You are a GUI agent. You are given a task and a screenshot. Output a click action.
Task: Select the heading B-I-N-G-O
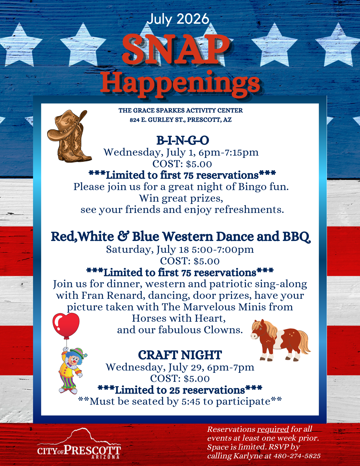[x=183, y=140]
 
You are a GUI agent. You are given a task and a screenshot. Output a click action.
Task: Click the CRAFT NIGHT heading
[x=180, y=355]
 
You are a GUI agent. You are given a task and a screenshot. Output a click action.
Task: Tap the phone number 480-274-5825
[x=297, y=456]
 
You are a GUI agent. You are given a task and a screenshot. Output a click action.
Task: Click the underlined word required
[x=273, y=429]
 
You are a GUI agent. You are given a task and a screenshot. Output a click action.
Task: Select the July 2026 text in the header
[x=178, y=19]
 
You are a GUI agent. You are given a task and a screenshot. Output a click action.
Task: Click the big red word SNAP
[x=176, y=49]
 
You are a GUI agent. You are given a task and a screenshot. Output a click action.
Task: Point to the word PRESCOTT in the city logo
[x=93, y=450]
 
